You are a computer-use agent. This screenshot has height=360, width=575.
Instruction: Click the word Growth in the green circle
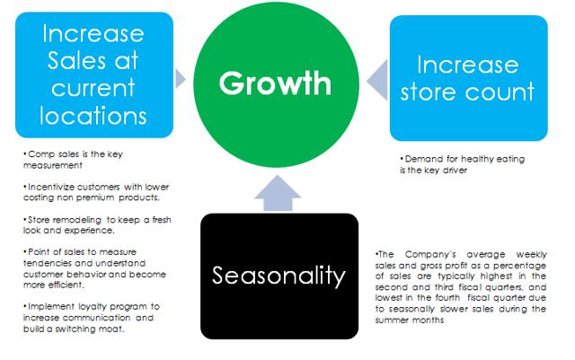tap(275, 83)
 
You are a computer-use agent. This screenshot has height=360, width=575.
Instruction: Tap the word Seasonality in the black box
tap(279, 276)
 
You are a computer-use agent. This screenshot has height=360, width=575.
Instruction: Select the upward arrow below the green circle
tap(278, 193)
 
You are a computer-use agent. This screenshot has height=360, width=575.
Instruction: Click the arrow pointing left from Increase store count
tap(377, 80)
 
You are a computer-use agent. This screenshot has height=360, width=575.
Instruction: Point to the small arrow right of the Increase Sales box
tap(181, 78)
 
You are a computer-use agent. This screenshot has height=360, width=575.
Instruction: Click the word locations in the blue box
tap(93, 116)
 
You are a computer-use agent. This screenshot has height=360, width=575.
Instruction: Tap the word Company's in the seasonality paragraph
tap(430, 254)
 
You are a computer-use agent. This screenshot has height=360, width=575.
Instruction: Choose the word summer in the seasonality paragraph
tap(391, 320)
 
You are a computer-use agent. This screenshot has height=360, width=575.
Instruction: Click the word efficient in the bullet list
tap(66, 285)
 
